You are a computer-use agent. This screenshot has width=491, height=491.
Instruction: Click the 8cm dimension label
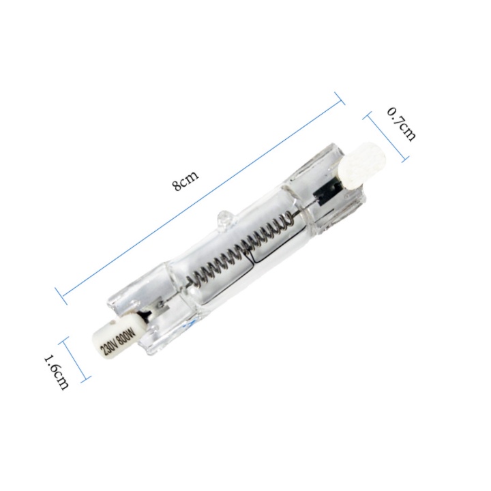[x=185, y=181]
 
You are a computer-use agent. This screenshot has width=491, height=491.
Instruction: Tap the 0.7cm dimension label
[x=402, y=124]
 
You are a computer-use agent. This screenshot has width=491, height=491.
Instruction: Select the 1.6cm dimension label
[x=56, y=372]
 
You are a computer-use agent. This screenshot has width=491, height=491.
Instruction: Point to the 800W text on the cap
[x=125, y=335]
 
